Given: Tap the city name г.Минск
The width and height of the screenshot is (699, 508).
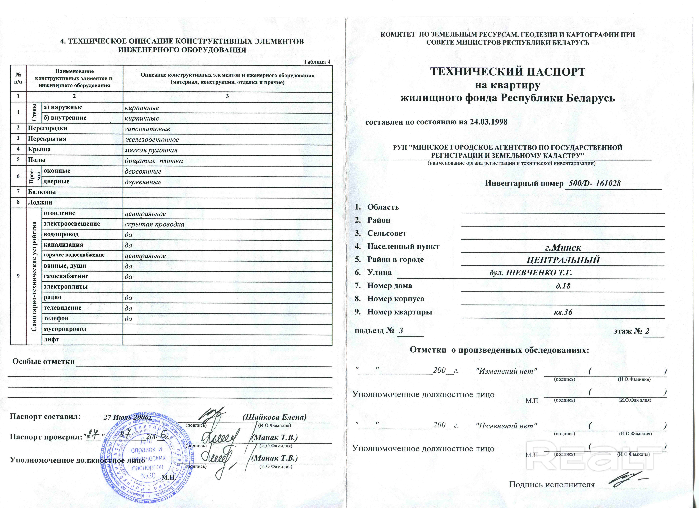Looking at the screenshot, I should (x=563, y=248).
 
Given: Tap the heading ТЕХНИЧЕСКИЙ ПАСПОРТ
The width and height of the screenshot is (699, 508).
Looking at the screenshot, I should (x=508, y=72).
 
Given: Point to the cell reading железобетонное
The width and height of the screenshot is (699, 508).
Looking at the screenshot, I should (x=152, y=140).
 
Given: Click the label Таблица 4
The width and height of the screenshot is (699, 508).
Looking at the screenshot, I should (x=316, y=62).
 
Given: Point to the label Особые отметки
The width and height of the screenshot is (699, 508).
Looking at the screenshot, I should (x=43, y=361).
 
